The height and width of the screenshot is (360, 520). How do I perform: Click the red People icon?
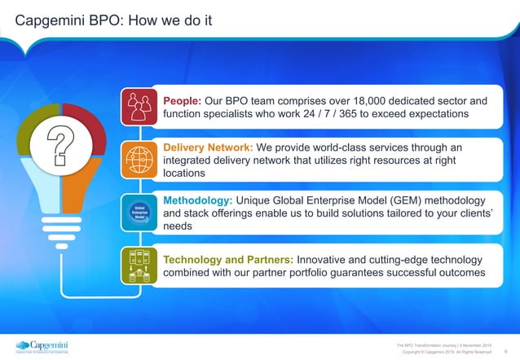[138, 106]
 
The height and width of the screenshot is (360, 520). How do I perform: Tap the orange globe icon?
[138, 159]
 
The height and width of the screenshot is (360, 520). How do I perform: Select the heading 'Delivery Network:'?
[209, 147]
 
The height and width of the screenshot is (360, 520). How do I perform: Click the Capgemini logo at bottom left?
[41, 345]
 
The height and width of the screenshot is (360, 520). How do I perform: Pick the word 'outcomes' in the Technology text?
[459, 273]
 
